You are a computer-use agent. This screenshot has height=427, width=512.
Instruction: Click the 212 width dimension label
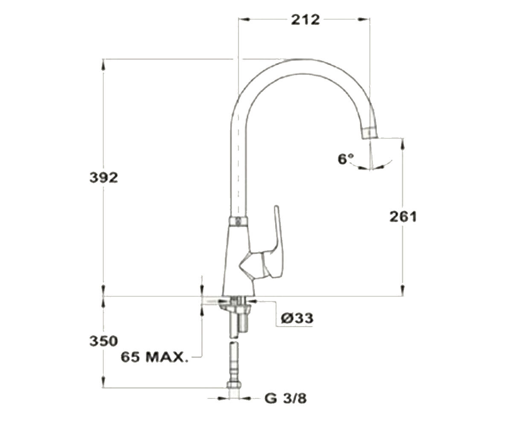305,20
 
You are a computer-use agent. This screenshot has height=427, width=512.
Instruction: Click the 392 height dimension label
104,178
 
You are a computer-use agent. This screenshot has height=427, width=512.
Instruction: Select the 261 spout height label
403,217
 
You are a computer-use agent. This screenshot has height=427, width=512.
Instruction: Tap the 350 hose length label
104,341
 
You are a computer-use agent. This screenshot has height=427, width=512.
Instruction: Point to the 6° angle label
346,159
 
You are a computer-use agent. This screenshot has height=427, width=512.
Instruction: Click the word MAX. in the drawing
167,357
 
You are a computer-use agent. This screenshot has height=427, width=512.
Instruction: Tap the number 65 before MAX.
131,357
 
